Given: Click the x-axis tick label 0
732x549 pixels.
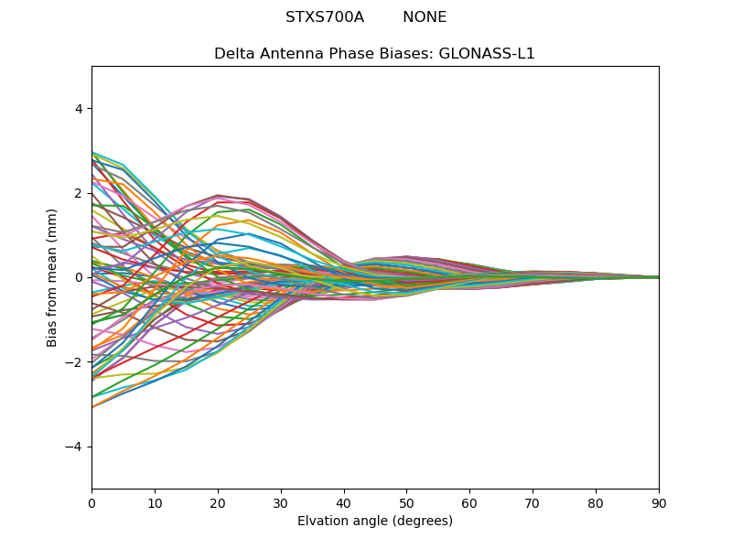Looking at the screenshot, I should pyautogui.click(x=91, y=502).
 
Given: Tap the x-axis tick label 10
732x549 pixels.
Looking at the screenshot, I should pyautogui.click(x=155, y=502).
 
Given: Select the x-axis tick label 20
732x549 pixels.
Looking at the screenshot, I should pyautogui.click(x=218, y=502).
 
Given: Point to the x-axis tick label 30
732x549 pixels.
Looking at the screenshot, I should pyautogui.click(x=281, y=502).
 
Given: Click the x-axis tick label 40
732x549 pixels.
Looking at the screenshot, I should pyautogui.click(x=344, y=502).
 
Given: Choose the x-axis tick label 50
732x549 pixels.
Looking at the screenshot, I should pyautogui.click(x=406, y=502).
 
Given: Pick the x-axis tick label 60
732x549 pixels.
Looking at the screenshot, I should pyautogui.click(x=469, y=502).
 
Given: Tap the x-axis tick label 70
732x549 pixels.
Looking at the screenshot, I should pyautogui.click(x=533, y=502).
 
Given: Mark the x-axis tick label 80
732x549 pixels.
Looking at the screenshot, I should pyautogui.click(x=596, y=502).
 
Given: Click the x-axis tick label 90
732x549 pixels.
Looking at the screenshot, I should pyautogui.click(x=659, y=502).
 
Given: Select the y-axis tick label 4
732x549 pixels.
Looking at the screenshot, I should pyautogui.click(x=79, y=109).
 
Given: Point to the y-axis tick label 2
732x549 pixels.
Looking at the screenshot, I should pyautogui.click(x=79, y=193).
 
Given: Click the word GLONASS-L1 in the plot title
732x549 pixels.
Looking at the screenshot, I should pyautogui.click(x=492, y=54).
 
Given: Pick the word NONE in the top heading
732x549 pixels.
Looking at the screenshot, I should pyautogui.click(x=425, y=17).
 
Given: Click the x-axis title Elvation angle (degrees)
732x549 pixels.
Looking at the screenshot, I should pyautogui.click(x=375, y=522).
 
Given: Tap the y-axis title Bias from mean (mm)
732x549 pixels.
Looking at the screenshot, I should pyautogui.click(x=53, y=277).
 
